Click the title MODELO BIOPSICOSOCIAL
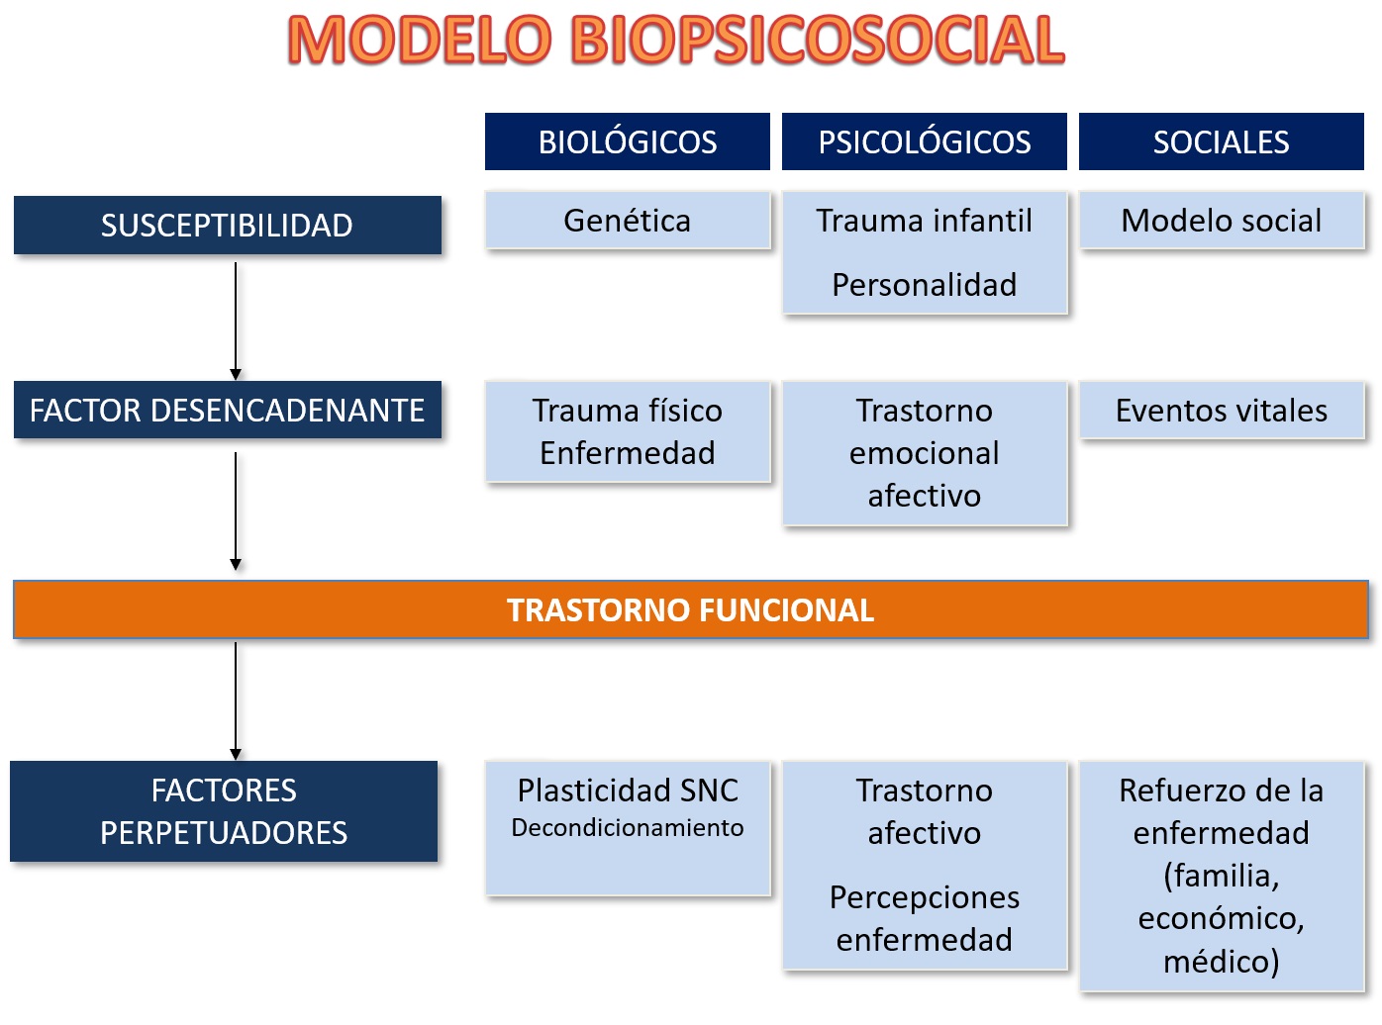(x=676, y=40)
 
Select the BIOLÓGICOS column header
(x=628, y=141)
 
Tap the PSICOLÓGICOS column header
(x=924, y=141)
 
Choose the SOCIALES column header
(x=1222, y=141)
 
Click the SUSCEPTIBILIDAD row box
(x=228, y=225)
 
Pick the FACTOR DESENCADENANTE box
(x=228, y=410)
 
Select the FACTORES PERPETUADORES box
(x=224, y=811)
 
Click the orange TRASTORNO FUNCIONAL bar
(x=690, y=609)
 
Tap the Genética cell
(x=628, y=221)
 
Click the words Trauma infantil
(x=924, y=221)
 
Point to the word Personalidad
(x=924, y=285)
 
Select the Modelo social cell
(x=1222, y=221)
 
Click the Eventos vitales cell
(x=1222, y=411)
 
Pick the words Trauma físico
(x=628, y=411)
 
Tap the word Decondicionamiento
(x=628, y=827)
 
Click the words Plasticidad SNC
(x=628, y=791)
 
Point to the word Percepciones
(x=924, y=898)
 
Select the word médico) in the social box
(x=1222, y=961)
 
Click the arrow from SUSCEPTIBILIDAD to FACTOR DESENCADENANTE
(x=236, y=321)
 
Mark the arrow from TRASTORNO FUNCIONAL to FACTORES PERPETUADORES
(x=236, y=700)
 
